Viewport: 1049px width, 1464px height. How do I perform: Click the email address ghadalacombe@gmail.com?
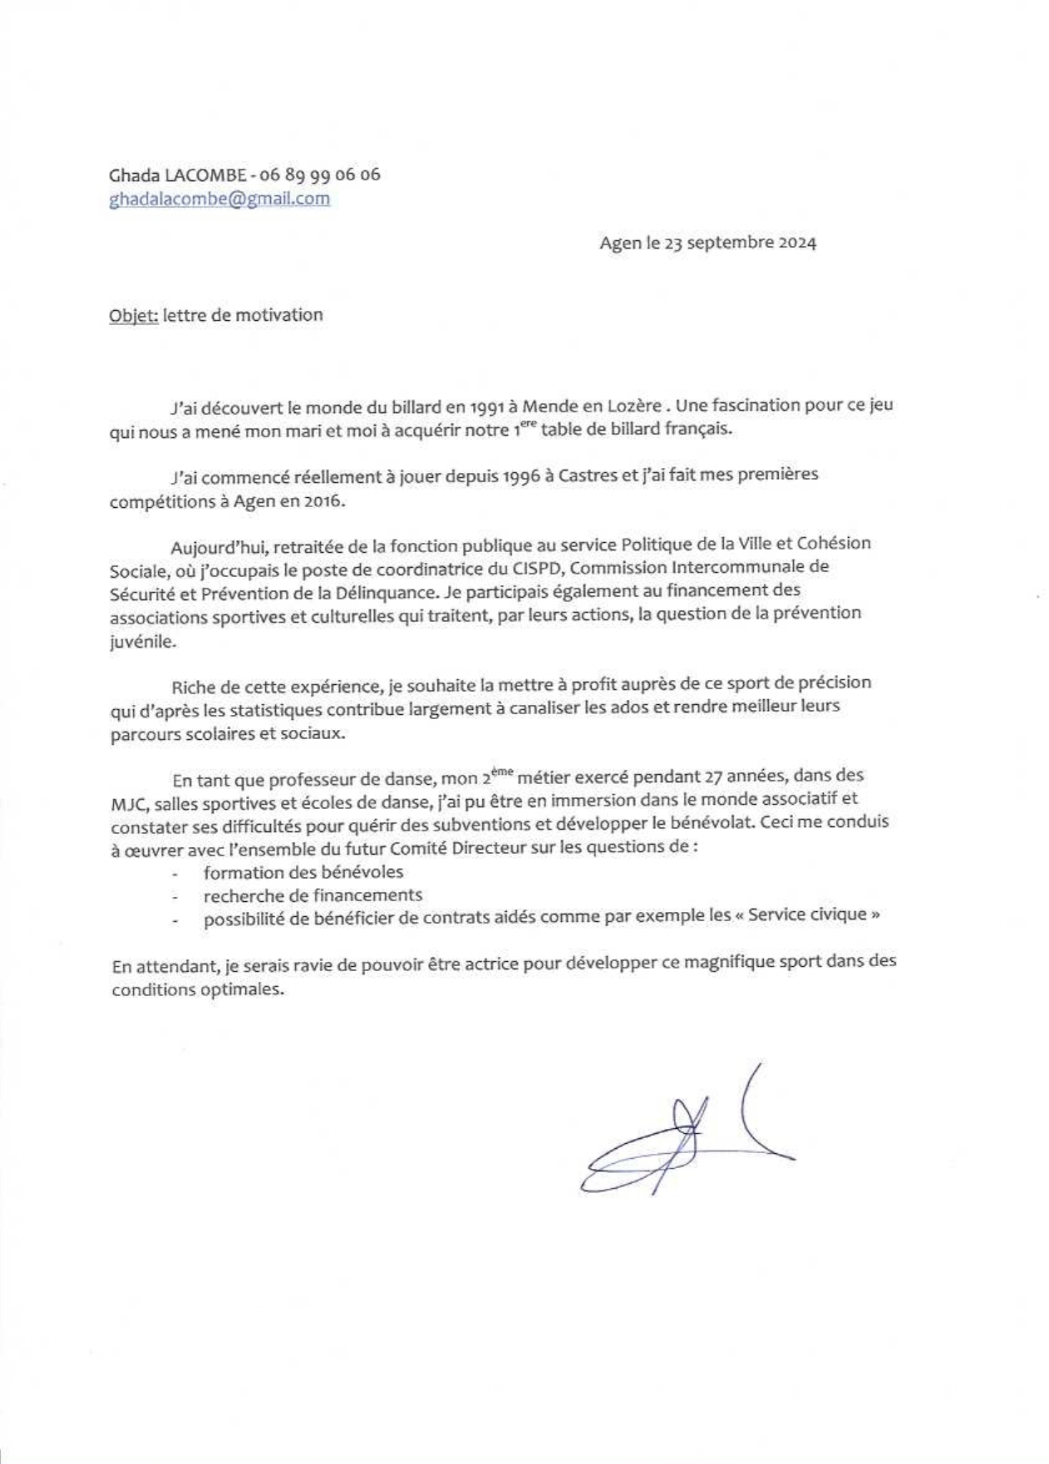[x=219, y=199]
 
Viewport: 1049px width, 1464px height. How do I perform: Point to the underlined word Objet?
[x=133, y=315]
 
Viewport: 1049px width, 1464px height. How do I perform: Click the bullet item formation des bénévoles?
[x=303, y=872]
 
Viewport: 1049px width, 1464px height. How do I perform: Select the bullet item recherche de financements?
[x=313, y=895]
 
